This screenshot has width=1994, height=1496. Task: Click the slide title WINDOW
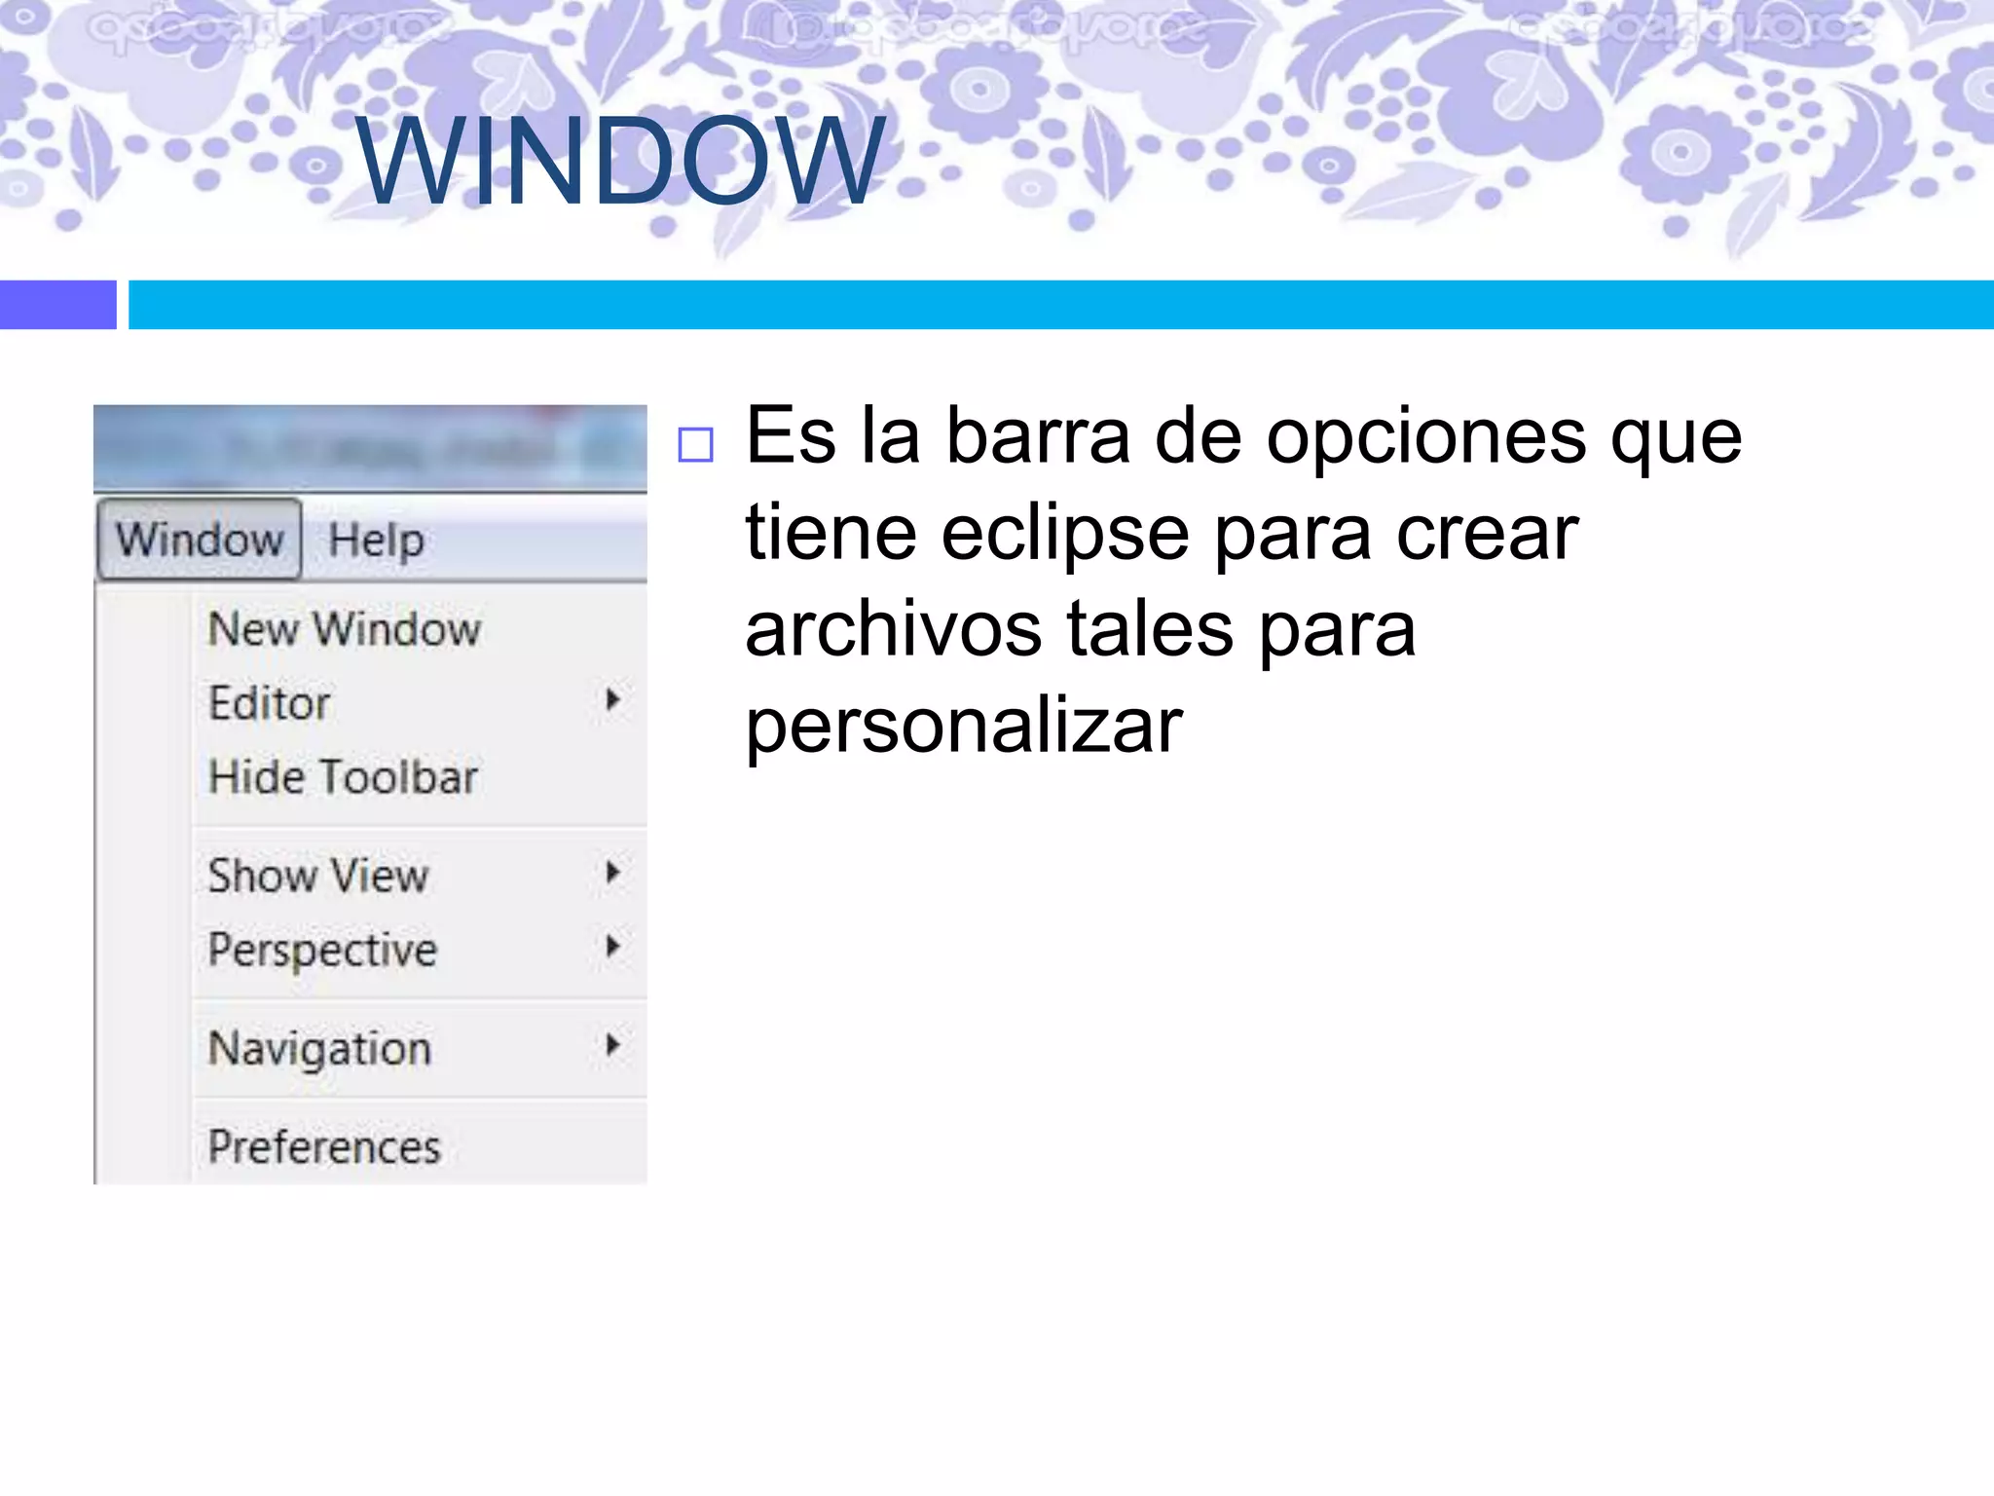[620, 161]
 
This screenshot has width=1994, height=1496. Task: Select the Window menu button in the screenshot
[200, 540]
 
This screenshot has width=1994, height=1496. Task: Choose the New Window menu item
[345, 629]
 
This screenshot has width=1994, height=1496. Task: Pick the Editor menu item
[270, 703]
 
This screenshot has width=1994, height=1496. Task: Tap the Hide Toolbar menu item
[343, 777]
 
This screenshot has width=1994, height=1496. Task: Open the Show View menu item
[318, 875]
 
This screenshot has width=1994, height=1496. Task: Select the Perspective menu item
[322, 950]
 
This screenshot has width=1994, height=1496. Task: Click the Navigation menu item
[319, 1049]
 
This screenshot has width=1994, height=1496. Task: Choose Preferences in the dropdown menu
[324, 1146]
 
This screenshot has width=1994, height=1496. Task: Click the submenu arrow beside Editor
[612, 699]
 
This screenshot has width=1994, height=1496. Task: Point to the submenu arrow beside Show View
[612, 872]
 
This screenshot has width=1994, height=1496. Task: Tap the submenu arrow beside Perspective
[612, 946]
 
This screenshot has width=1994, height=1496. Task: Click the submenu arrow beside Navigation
[612, 1045]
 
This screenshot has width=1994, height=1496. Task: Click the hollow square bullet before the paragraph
[695, 445]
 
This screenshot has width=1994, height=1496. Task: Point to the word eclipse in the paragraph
[1065, 534]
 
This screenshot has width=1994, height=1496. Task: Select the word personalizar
[964, 726]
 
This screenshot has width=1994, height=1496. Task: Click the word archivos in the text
[894, 629]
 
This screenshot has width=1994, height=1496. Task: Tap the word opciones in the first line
[1425, 437]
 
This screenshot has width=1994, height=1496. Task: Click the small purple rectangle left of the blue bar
[57, 305]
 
